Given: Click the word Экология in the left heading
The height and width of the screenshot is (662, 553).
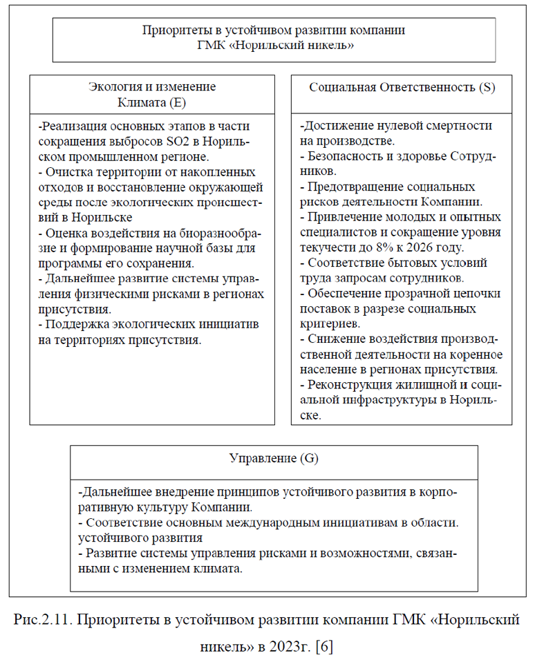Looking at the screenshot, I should pos(116,87).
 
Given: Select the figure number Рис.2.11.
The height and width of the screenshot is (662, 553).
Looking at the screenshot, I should pos(42,620).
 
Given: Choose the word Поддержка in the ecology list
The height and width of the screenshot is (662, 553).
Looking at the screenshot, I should pos(77,325).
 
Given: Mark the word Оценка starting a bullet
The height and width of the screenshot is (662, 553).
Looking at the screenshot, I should pos(67,232).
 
